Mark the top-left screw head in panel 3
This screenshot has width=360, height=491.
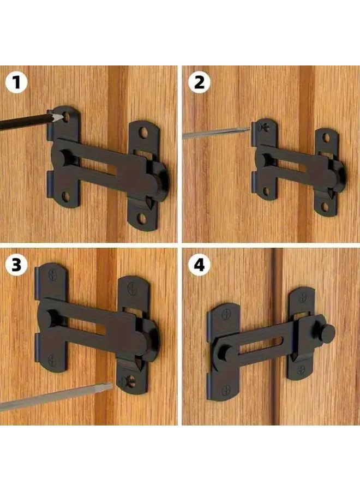tap(52, 274)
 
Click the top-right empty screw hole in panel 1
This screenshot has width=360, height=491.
tap(144, 133)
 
